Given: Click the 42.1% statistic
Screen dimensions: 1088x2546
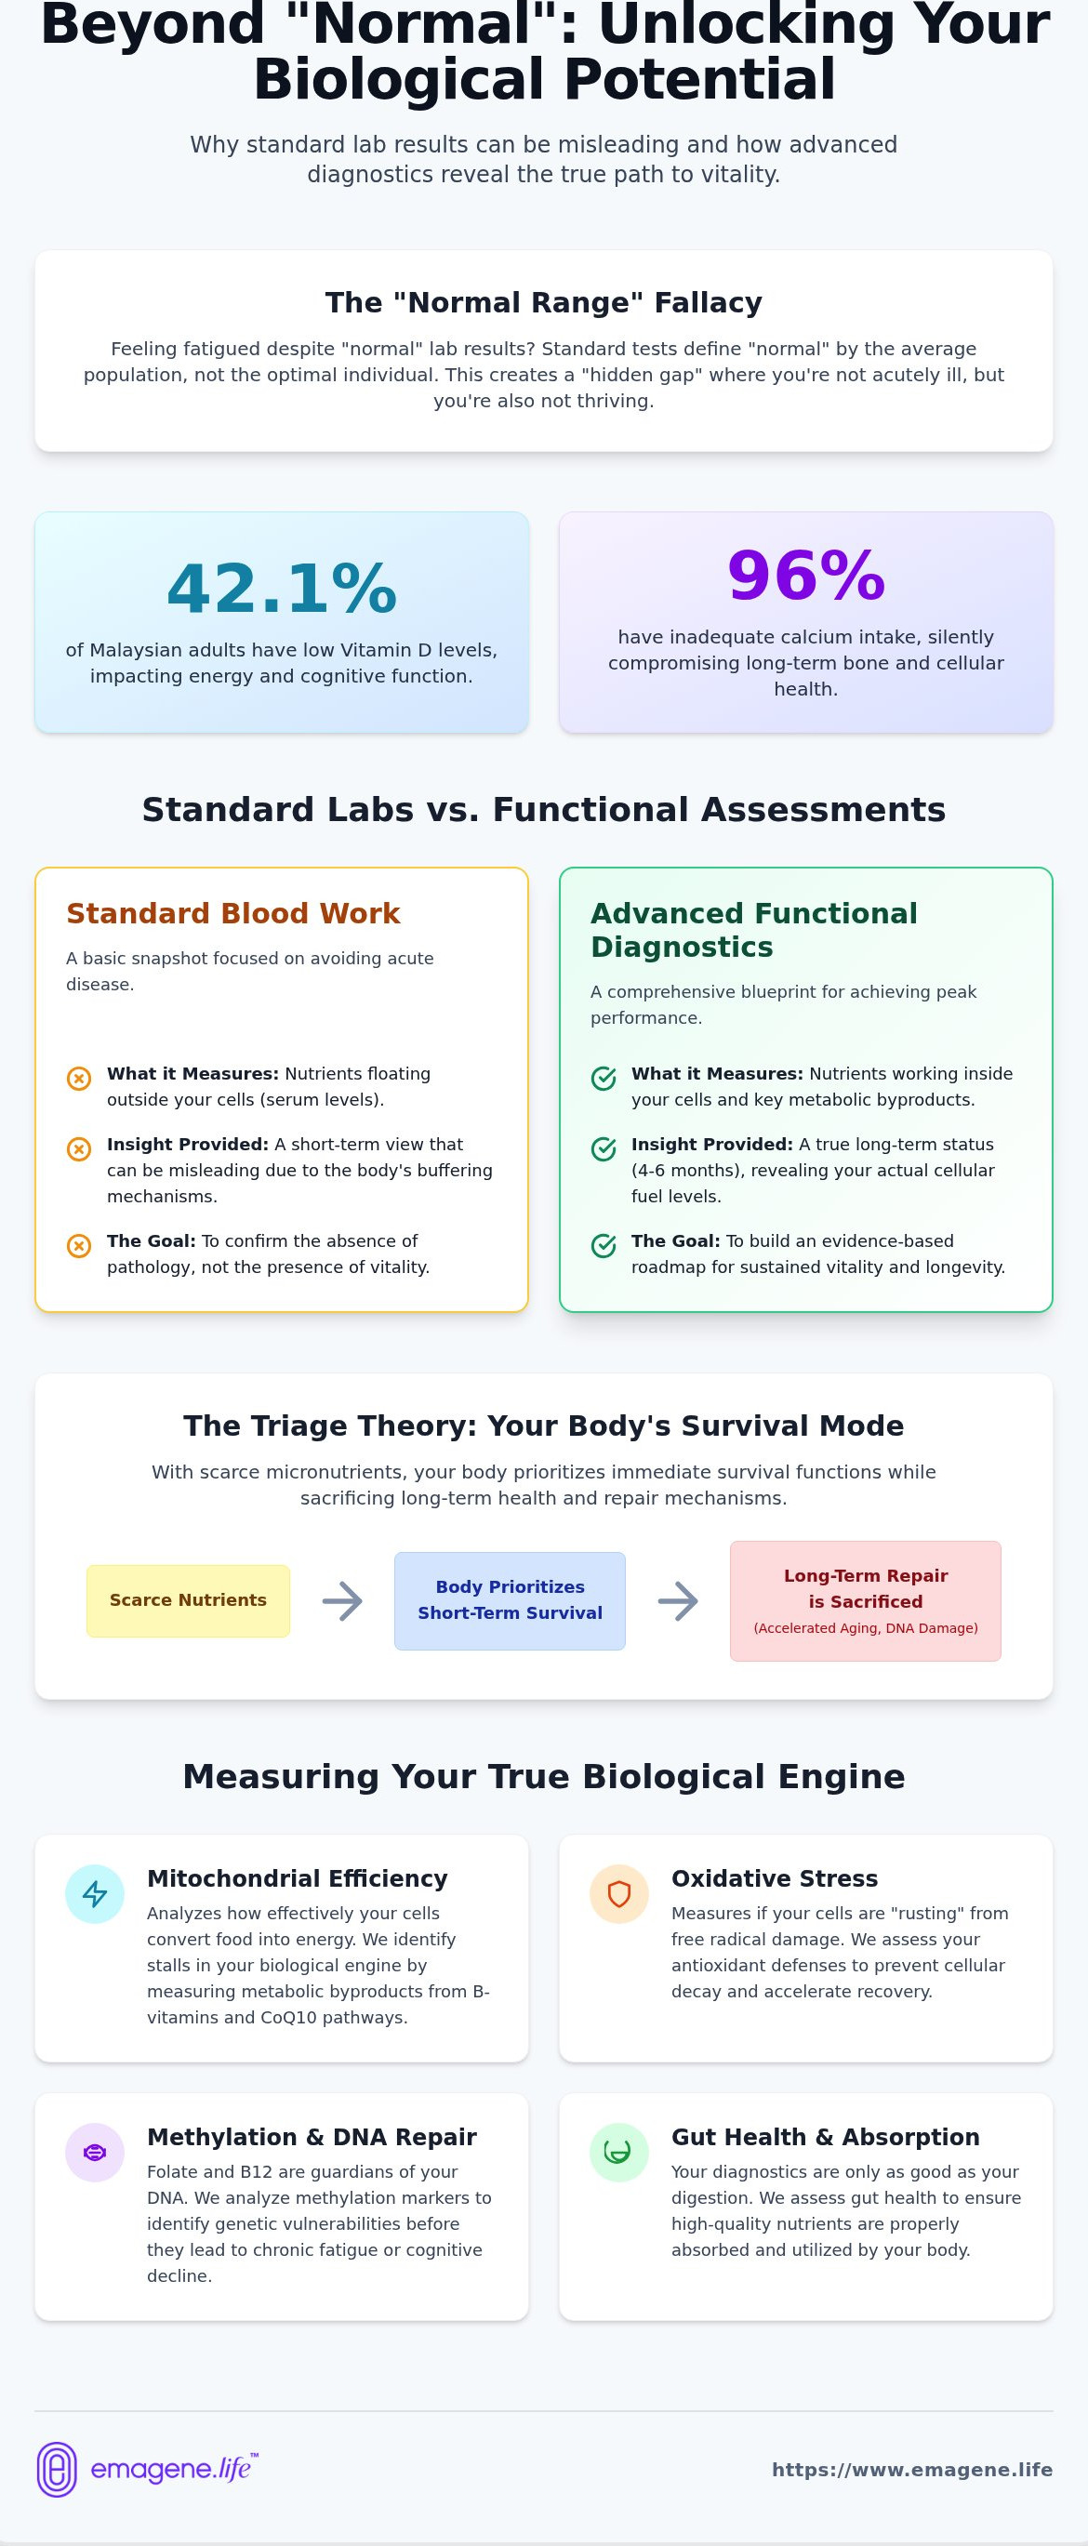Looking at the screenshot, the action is [282, 588].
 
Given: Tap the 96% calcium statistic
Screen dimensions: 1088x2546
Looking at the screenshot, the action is [805, 576].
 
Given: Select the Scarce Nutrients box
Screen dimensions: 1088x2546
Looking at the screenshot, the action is [188, 1600].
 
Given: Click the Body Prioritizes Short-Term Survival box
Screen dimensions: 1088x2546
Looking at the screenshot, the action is [510, 1600].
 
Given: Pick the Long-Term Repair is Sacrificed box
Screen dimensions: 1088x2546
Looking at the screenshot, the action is [866, 1600].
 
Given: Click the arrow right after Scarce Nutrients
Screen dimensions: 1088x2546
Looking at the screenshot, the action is [342, 1600].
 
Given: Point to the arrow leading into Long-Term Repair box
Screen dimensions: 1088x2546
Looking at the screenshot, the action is [678, 1600].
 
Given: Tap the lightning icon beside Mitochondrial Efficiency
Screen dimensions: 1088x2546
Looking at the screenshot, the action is [95, 1893].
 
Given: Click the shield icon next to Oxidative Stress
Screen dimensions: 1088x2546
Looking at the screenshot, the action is [618, 1893].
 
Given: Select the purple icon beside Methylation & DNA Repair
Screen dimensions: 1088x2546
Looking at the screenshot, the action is [95, 2152].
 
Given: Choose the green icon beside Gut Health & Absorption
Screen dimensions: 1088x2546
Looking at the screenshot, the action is [618, 2152].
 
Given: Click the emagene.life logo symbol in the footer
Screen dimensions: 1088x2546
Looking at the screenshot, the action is [57, 2469].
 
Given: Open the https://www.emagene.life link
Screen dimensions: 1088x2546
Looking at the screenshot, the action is [912, 2470].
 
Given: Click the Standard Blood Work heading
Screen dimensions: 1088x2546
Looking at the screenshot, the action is [233, 913].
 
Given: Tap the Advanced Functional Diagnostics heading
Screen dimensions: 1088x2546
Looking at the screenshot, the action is [754, 930].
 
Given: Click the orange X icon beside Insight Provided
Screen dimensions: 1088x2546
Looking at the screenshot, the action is [79, 1148].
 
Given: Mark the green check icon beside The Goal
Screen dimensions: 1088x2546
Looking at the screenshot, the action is [604, 1245].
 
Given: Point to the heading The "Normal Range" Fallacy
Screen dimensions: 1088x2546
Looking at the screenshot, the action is [543, 302].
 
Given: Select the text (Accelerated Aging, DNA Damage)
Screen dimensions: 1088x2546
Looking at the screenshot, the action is [866, 1628].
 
